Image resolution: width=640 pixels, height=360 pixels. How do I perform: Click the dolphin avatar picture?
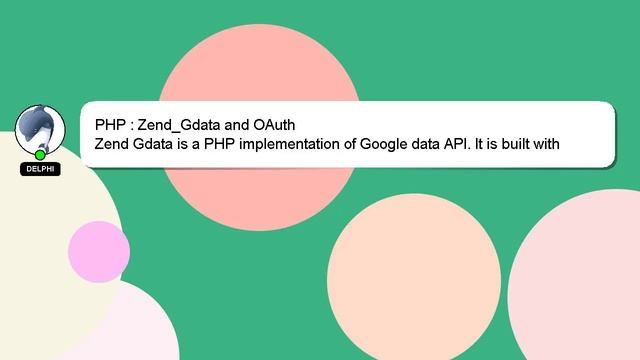click(40, 130)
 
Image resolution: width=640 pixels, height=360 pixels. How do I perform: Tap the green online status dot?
click(40, 155)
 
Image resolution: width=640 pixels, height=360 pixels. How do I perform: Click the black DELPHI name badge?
click(40, 169)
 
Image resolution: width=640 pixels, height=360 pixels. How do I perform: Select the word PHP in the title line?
click(110, 125)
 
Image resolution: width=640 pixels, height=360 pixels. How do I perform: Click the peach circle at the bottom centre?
click(413, 280)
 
